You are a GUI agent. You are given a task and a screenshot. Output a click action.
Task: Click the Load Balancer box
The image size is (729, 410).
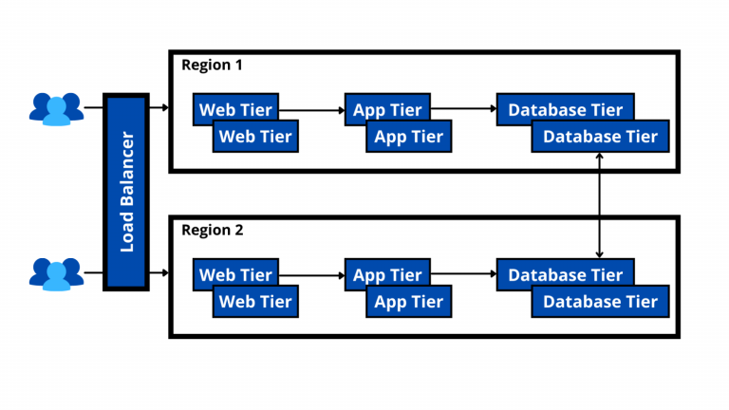(126, 192)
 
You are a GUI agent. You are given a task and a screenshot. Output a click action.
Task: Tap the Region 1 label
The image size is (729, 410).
(212, 65)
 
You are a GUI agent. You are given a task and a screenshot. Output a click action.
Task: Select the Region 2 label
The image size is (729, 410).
(213, 230)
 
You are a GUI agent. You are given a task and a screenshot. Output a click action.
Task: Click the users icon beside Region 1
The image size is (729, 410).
(56, 109)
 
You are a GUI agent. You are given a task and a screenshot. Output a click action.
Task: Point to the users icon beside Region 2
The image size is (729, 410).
(56, 274)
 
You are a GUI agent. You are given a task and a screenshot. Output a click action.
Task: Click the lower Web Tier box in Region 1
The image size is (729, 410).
(255, 137)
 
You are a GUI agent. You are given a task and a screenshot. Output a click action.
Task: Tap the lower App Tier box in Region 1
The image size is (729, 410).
(409, 137)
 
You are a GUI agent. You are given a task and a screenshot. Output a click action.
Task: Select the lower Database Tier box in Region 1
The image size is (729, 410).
(600, 137)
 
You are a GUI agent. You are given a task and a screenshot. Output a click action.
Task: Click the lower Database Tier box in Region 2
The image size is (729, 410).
(600, 302)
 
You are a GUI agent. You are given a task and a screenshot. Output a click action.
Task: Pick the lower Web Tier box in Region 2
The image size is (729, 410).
(255, 302)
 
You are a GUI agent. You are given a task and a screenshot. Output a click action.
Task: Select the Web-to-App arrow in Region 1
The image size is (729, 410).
(312, 110)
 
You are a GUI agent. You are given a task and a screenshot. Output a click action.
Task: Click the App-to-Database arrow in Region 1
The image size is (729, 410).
(463, 109)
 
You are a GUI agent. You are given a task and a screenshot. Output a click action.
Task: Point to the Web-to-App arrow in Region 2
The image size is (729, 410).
(312, 275)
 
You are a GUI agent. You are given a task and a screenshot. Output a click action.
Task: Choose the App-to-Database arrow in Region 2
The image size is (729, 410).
(463, 273)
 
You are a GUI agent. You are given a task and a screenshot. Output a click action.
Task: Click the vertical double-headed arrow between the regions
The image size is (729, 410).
(599, 205)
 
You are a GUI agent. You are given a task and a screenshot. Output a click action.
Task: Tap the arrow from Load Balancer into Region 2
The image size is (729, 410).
(159, 272)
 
